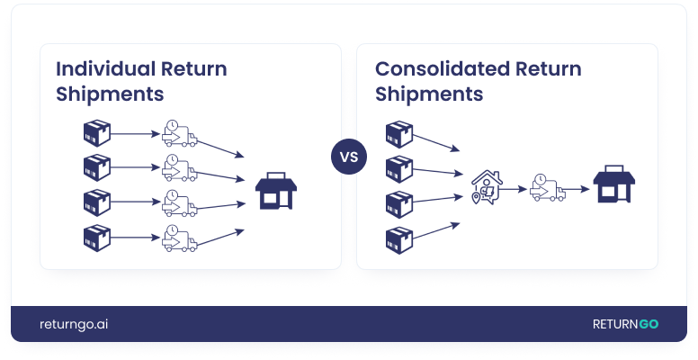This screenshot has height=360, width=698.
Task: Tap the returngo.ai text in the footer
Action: point(75,324)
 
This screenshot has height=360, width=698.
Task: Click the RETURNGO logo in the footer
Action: point(624,324)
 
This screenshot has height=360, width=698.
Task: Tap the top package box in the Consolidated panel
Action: point(398,133)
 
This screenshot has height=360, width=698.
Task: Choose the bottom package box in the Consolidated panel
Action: point(398,238)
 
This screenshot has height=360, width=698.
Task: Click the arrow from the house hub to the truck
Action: point(515,189)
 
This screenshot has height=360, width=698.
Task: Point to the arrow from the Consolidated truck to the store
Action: point(578,189)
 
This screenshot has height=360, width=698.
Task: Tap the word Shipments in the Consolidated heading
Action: point(429,94)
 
